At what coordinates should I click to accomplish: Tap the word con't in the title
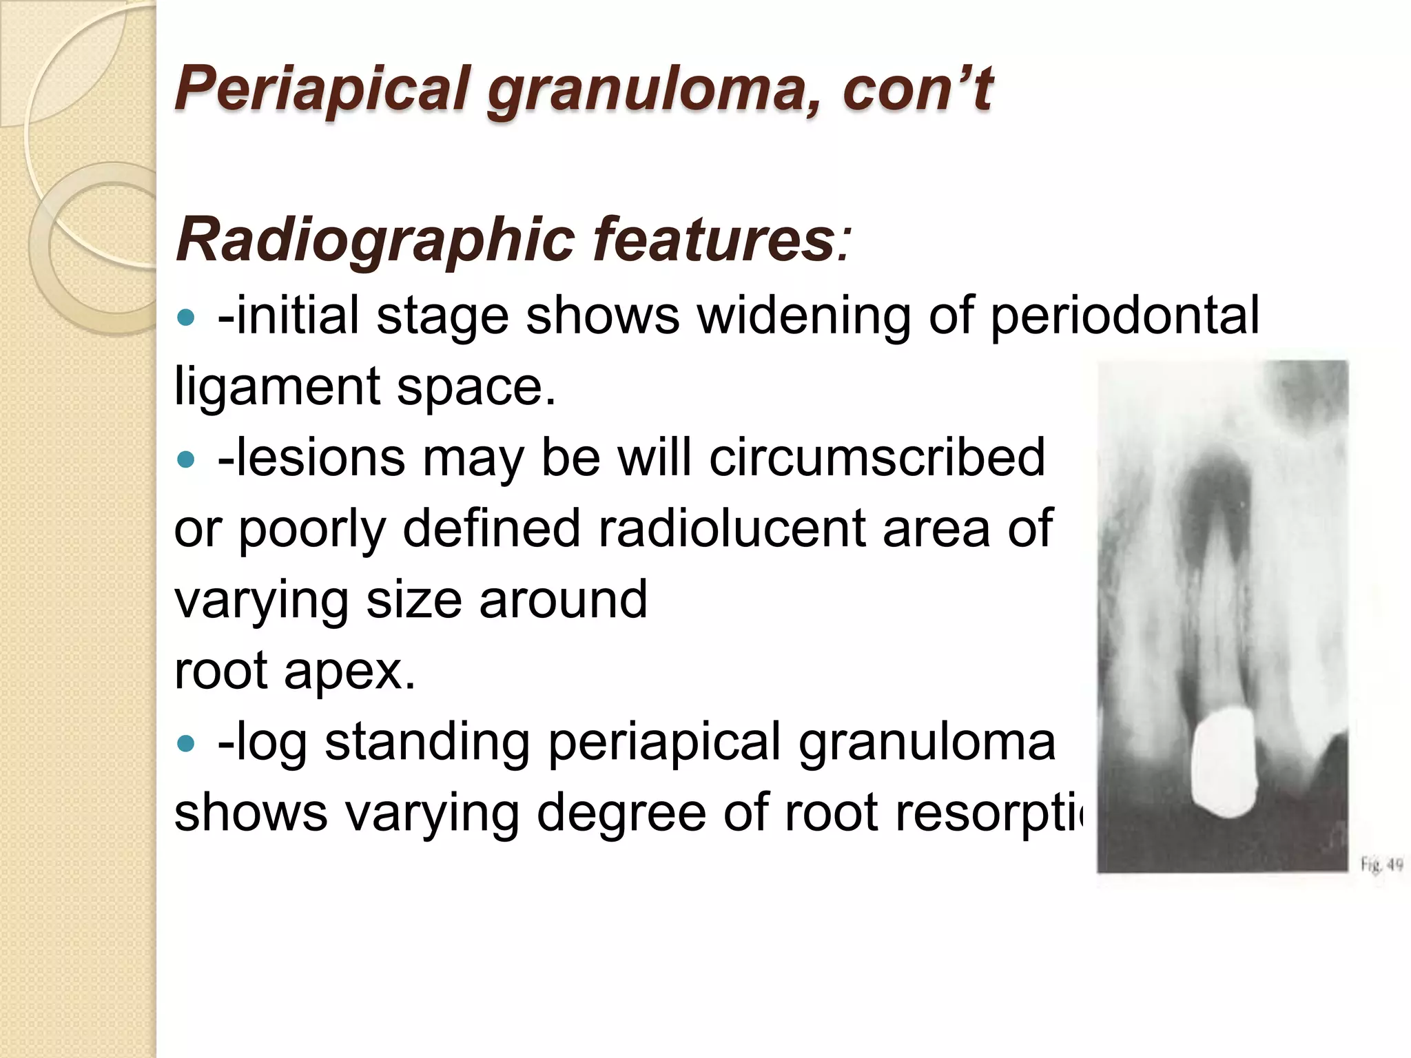click(916, 90)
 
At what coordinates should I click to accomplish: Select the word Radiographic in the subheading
click(375, 240)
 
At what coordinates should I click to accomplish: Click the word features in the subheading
click(714, 240)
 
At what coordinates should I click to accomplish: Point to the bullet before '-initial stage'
click(186, 318)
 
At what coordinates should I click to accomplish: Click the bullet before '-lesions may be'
click(186, 459)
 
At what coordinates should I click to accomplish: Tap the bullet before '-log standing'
click(186, 743)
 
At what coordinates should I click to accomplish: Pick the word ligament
click(276, 387)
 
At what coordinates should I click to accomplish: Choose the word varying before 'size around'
click(261, 601)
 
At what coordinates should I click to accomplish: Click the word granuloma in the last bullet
click(927, 743)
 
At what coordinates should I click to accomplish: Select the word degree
click(621, 814)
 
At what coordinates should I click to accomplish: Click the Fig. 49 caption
click(1381, 864)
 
